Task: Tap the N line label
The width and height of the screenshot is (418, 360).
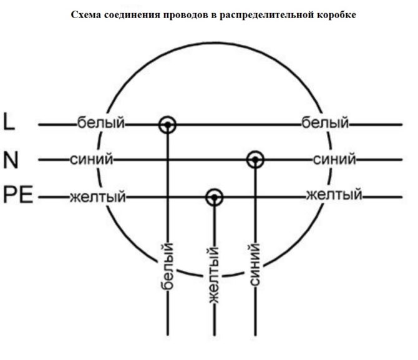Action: coord(11,160)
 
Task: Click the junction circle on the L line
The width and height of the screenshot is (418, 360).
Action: coord(167,124)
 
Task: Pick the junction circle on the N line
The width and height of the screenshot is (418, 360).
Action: coord(255,160)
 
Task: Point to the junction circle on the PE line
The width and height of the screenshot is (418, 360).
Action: coord(215,197)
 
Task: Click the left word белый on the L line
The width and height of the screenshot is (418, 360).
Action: coord(100,122)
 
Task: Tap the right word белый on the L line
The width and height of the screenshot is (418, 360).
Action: coord(324,123)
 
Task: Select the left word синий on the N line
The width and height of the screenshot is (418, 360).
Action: coord(92,160)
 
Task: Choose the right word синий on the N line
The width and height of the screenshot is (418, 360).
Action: coord(334,159)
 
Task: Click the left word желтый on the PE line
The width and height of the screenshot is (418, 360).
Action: coord(97,197)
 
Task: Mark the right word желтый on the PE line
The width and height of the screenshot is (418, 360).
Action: coord(334,195)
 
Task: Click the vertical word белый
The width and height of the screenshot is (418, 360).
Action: coord(167,267)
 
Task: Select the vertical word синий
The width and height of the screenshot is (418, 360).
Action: coord(254,265)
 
